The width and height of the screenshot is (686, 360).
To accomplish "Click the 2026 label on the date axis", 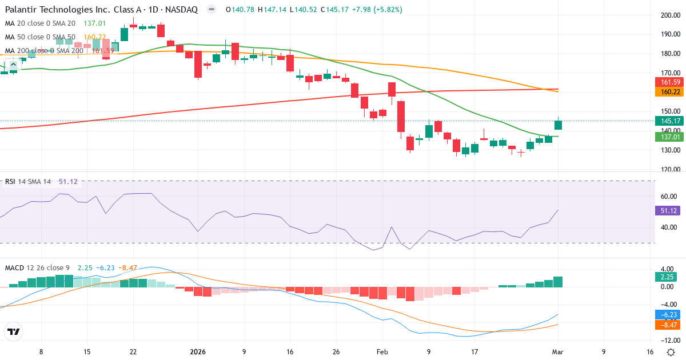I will [x=198, y=352].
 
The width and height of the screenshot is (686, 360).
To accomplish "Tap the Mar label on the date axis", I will [x=558, y=352].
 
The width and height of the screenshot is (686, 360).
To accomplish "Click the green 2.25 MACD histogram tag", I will [x=666, y=277].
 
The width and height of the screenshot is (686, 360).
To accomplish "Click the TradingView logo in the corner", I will [x=14, y=331].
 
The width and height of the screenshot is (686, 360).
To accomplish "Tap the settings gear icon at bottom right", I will [x=670, y=351].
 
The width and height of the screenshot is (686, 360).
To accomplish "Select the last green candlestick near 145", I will [x=559, y=125].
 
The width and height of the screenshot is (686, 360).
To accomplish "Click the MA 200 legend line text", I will [x=44, y=50].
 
